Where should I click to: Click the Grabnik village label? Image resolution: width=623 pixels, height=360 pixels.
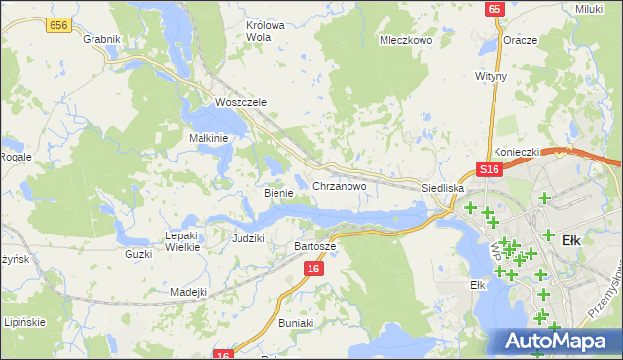pos(101,39)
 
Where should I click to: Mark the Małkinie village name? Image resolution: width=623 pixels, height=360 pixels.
pos(207,138)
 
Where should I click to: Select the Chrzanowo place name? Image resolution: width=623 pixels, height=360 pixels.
pos(339,185)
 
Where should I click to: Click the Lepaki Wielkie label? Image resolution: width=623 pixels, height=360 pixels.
pos(182,241)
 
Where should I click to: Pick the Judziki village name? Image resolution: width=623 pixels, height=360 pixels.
pos(248,237)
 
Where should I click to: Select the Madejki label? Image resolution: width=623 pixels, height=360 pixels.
pos(189,292)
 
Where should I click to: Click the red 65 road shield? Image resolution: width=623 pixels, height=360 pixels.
pos(495,9)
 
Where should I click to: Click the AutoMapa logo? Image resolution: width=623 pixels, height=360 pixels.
pos(556,341)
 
